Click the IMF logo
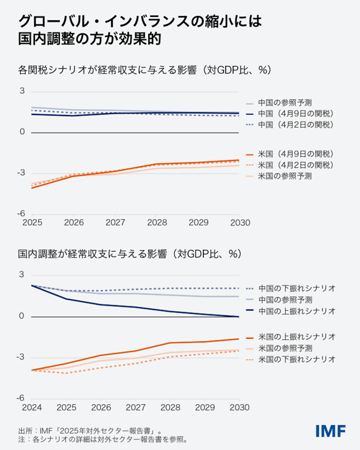pos(331,430)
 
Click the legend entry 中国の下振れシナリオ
pos(296,288)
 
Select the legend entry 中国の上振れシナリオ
pos(296,311)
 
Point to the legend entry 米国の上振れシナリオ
pos(296,337)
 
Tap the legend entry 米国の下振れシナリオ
pos(296,360)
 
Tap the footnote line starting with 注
pos(102,440)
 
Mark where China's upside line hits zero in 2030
pos(238,317)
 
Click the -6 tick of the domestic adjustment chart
pos(22,398)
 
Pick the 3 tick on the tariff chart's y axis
pos(22,91)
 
